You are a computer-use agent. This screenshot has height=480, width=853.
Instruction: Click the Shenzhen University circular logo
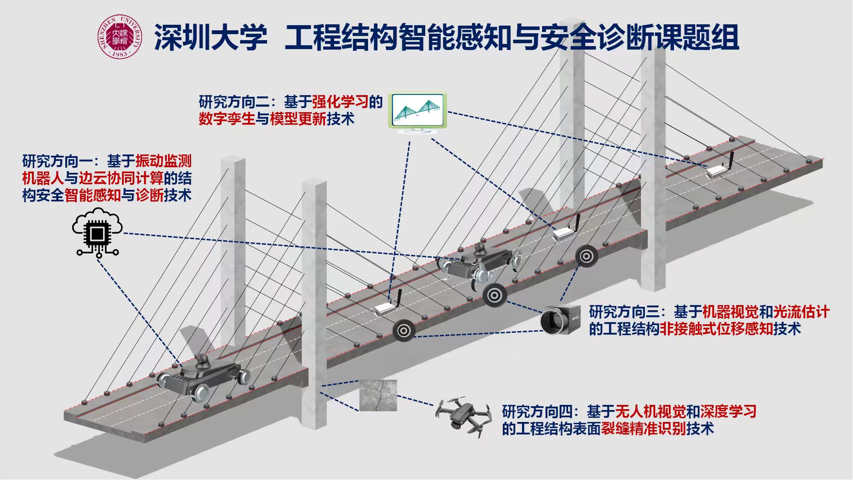click(119, 37)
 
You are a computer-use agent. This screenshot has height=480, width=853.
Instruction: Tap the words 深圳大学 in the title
click(211, 38)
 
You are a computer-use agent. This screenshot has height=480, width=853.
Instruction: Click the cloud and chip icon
click(98, 232)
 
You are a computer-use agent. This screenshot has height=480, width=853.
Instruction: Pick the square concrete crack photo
click(378, 396)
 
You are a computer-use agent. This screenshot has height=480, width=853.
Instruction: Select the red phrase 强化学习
click(340, 102)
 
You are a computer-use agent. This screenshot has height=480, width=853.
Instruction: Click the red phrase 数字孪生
click(226, 119)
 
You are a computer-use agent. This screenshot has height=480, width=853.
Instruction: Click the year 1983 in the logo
click(119, 54)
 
